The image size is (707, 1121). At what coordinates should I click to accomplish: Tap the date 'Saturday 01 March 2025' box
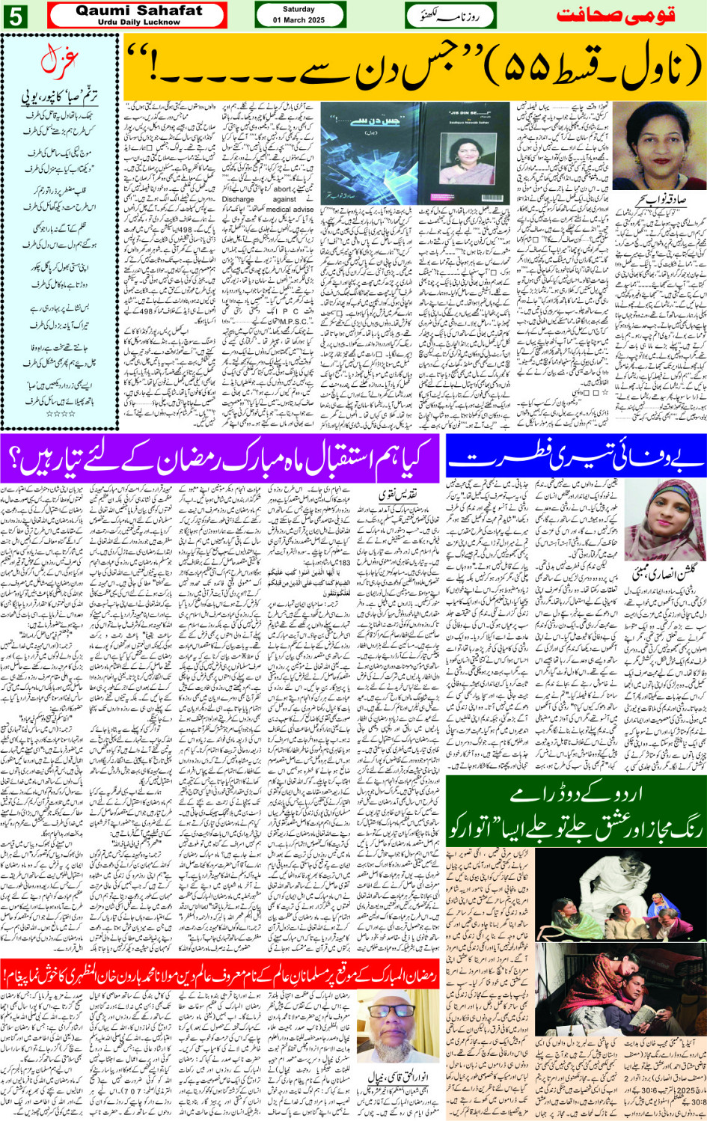coord(299,15)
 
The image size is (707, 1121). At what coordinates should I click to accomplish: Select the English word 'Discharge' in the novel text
coord(239,199)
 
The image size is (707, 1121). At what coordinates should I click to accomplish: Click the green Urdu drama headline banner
coord(575,811)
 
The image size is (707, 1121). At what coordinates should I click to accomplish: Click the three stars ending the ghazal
coord(60,413)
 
